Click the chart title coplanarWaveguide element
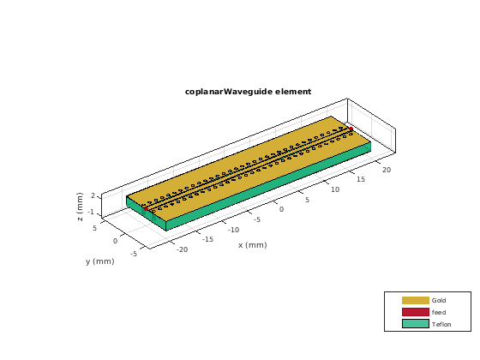click(x=248, y=92)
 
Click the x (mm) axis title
click(x=253, y=245)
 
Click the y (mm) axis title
click(x=99, y=261)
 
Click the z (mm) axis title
click(x=80, y=207)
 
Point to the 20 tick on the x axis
click(x=387, y=170)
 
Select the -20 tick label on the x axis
click(x=182, y=249)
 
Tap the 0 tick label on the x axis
click(x=281, y=209)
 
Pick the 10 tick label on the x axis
click(x=335, y=189)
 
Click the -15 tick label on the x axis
click(x=207, y=239)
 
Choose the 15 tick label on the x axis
click(x=361, y=179)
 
